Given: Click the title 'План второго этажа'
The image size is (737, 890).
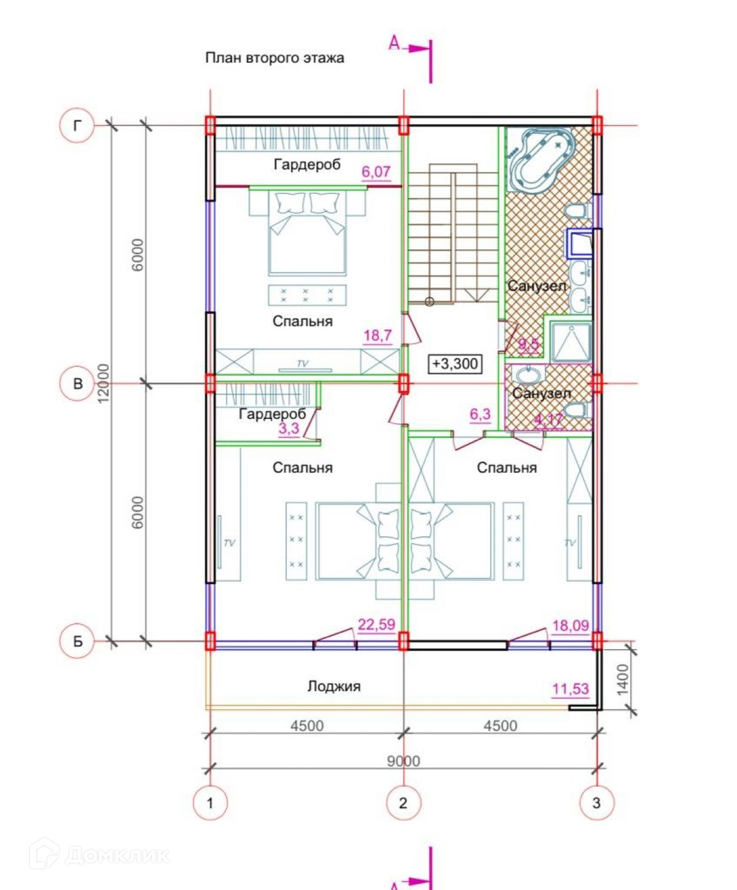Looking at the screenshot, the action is (275, 58).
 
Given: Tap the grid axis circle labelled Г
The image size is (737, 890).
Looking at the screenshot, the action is (77, 126).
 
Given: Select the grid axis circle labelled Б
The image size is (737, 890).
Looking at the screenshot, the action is (77, 641).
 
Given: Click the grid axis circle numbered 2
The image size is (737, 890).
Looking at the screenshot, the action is (404, 803).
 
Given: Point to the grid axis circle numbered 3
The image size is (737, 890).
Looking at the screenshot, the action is (597, 803).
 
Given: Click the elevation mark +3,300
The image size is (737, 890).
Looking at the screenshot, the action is (455, 364).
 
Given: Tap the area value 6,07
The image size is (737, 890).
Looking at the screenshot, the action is (376, 172).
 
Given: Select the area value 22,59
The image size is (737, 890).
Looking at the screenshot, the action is (376, 625).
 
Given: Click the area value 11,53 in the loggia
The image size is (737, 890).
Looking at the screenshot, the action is (571, 689).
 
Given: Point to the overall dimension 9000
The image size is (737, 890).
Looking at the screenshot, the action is (404, 761).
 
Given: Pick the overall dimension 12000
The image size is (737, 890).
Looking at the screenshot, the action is (104, 383).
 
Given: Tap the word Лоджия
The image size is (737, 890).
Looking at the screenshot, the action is (334, 686).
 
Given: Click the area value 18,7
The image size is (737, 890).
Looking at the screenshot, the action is (377, 336).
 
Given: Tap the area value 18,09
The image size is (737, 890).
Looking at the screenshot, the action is (571, 626).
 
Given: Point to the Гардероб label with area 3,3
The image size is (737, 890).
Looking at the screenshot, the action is (272, 414).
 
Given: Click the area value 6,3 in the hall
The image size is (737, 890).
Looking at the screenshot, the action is (480, 415).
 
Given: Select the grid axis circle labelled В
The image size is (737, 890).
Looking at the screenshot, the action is (77, 384).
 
